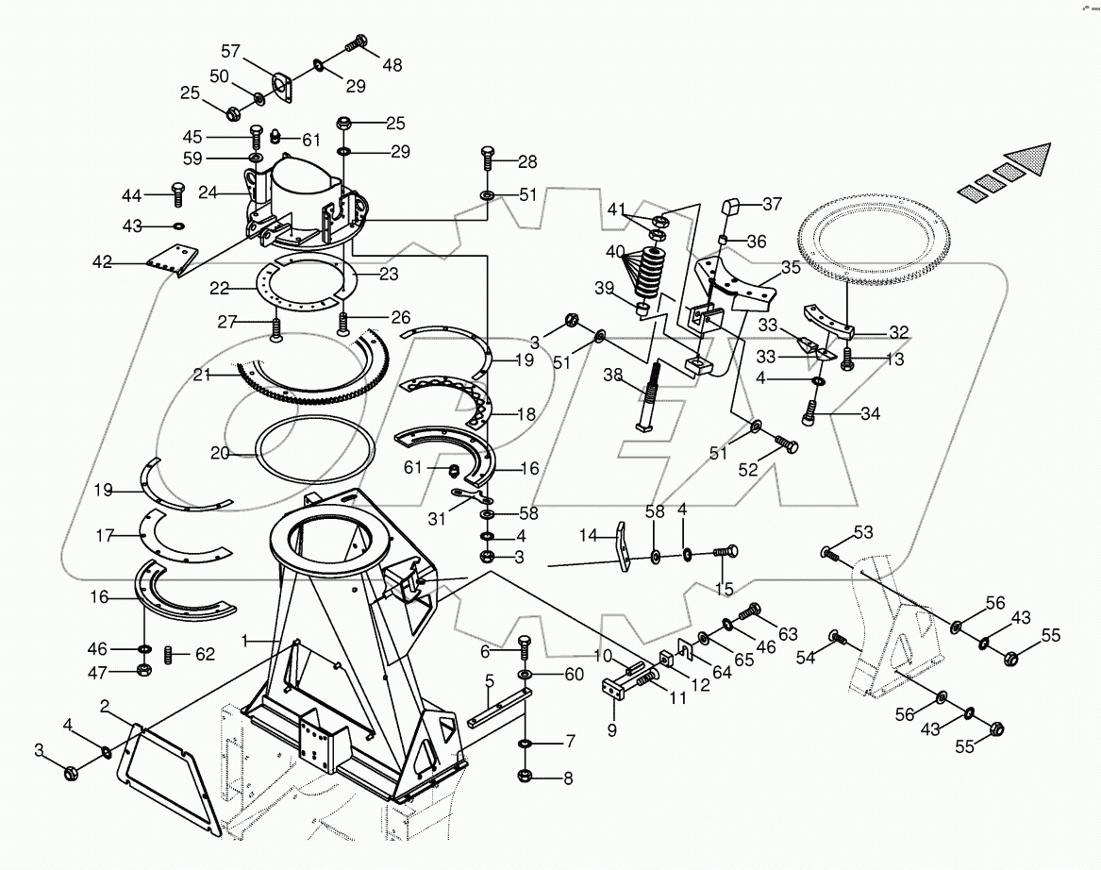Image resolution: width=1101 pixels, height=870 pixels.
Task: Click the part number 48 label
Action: click(392, 65)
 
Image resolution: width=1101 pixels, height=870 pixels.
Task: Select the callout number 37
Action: click(772, 204)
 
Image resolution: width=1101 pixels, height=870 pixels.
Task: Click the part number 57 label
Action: click(231, 51)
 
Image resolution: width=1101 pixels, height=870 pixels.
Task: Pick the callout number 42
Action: click(102, 262)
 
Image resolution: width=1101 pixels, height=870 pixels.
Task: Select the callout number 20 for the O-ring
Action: click(219, 453)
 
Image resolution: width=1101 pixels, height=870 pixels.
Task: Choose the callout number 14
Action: click(588, 535)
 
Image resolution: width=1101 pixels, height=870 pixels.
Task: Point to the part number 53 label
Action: click(863, 532)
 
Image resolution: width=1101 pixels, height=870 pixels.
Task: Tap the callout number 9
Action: click(611, 728)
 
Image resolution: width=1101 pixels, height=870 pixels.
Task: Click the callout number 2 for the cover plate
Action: click(105, 706)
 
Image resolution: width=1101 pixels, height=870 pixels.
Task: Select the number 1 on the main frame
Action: click(245, 641)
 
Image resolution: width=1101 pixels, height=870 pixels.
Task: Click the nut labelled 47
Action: click(144, 670)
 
